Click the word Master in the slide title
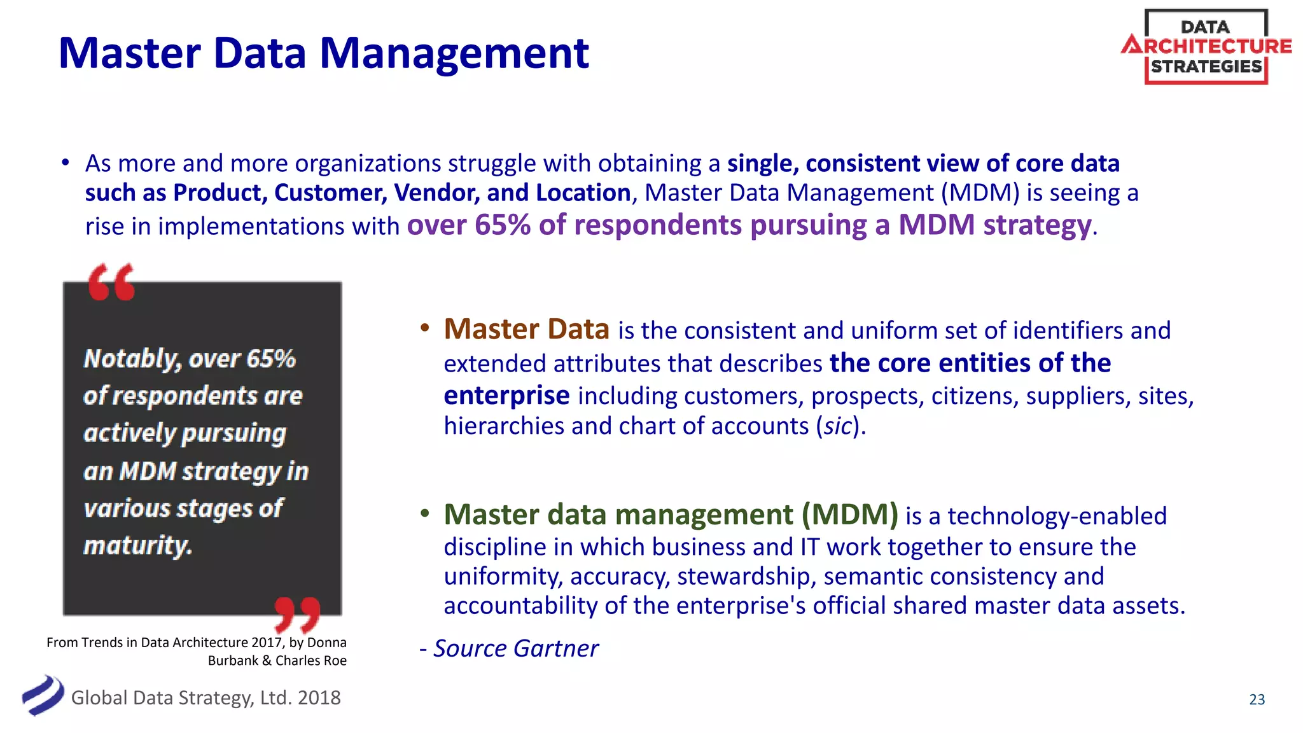pos(130,53)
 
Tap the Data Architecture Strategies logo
pos(1206,47)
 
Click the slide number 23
pos(1257,700)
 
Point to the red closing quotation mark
pos(297,615)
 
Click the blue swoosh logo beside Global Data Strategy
pos(43,695)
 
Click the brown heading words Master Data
pos(526,330)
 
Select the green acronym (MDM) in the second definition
pos(849,515)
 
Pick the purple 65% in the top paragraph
pos(502,225)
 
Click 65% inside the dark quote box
pos(271,359)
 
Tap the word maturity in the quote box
pos(137,546)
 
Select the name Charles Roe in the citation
pos(311,660)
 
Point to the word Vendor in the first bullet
pos(436,193)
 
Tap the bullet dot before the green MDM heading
pos(425,513)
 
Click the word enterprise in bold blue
pos(506,396)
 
